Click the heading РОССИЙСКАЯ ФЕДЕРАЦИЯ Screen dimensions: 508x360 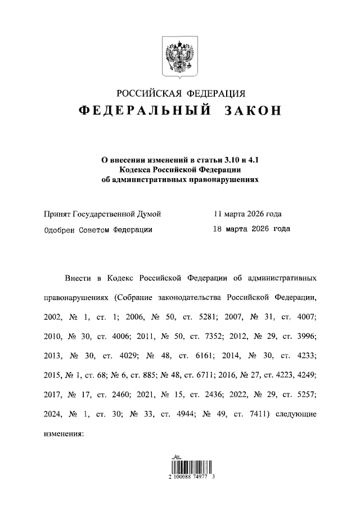point(181,93)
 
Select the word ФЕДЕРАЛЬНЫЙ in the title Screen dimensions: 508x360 point(145,111)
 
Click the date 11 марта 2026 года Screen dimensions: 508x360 point(247,214)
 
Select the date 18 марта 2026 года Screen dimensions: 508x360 point(251,229)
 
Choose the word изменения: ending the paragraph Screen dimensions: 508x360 point(63,434)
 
